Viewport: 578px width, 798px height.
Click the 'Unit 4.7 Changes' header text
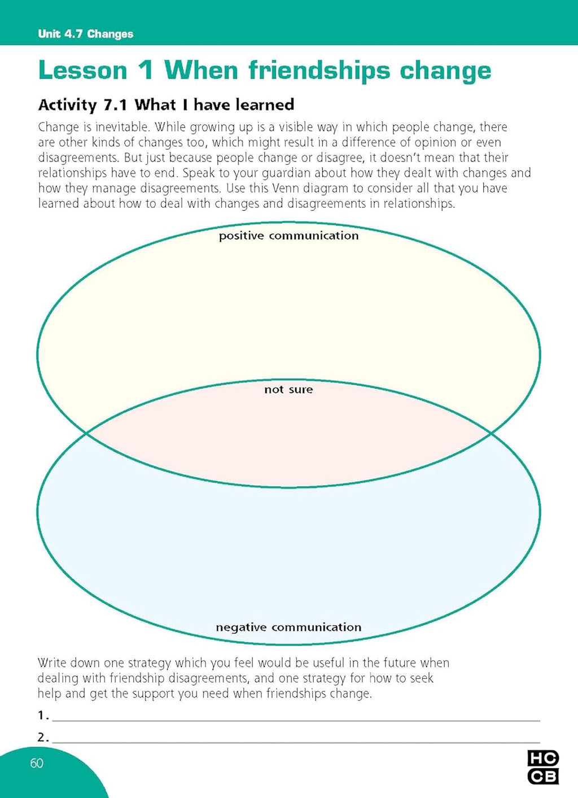point(85,34)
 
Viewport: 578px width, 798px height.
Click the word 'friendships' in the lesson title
point(319,71)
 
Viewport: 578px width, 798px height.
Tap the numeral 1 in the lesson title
point(145,71)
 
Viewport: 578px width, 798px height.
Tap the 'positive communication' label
point(288,236)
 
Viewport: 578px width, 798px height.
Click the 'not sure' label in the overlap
point(288,389)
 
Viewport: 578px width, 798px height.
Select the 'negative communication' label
point(288,627)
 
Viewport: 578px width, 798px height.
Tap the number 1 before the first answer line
point(41,716)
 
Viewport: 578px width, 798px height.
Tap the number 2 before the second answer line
point(41,737)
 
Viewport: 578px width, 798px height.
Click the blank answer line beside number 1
point(295,719)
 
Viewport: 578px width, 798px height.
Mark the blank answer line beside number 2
point(295,741)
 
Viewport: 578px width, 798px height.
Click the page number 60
point(37,764)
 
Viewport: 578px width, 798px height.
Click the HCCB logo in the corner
point(542,767)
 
